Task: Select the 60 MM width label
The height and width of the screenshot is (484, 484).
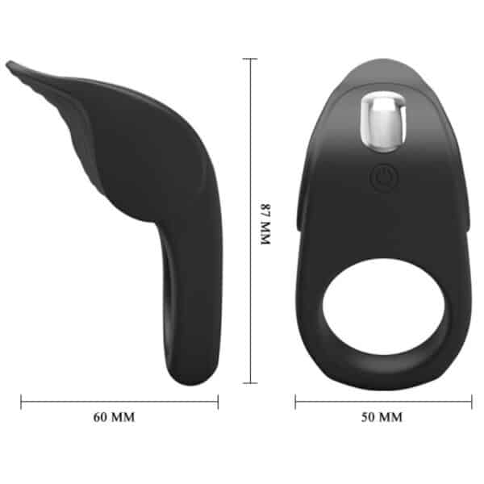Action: tap(114, 417)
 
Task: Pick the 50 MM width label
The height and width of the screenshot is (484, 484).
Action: tap(380, 417)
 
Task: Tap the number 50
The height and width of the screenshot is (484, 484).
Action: tap(368, 417)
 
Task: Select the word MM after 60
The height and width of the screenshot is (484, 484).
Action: tap(124, 417)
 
